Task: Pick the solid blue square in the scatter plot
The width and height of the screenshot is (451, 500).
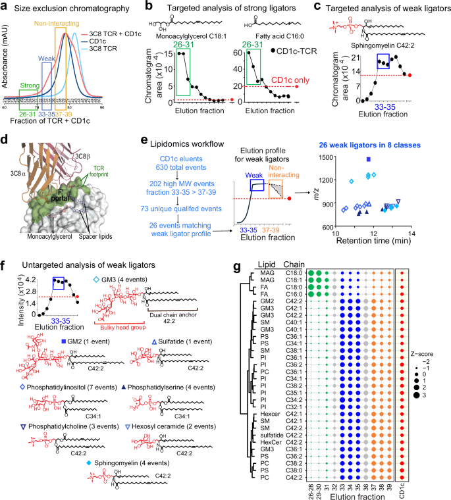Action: [369, 141]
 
